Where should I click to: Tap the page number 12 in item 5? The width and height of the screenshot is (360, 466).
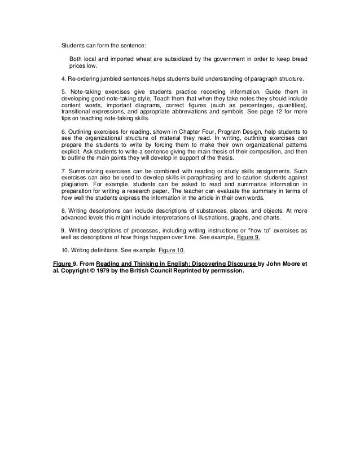pos(282,112)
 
